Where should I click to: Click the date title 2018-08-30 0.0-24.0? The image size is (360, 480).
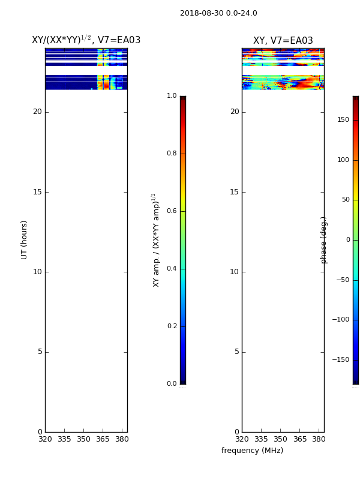[x=218, y=13]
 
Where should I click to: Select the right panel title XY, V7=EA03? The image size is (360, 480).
[x=283, y=40]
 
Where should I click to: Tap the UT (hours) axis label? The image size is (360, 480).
[x=24, y=240]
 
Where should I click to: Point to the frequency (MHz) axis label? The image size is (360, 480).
[x=252, y=451]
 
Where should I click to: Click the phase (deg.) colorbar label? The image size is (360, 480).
[x=323, y=240]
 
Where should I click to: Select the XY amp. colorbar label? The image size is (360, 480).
[x=156, y=240]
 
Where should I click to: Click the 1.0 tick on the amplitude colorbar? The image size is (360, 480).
[x=172, y=96]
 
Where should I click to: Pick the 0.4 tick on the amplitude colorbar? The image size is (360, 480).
[x=172, y=269]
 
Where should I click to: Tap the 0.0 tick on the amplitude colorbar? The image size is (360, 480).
[x=172, y=384]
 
